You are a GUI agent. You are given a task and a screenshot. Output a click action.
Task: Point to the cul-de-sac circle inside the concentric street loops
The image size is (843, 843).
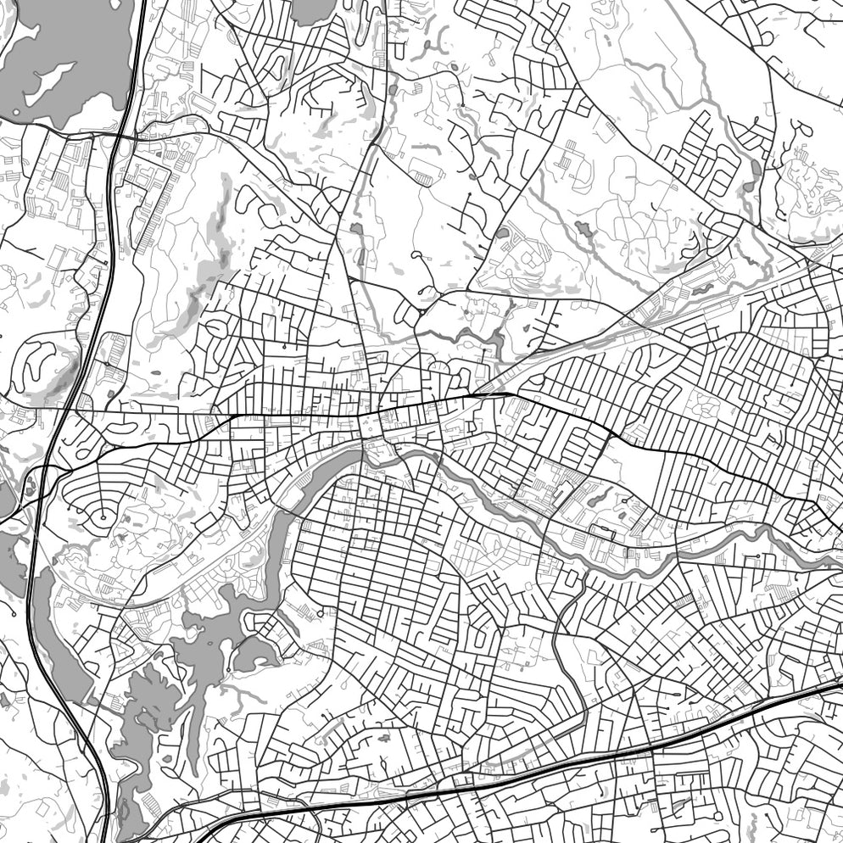pos(103,516)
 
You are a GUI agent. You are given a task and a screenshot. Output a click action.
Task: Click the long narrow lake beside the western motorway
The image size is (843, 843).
pos(64,645)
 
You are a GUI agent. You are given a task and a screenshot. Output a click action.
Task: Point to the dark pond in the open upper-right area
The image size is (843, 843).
pos(584,228)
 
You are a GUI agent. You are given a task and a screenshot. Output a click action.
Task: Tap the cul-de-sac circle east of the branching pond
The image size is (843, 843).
pos(320,613)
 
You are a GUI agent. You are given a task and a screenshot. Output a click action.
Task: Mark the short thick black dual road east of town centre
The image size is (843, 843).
pos(490,394)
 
